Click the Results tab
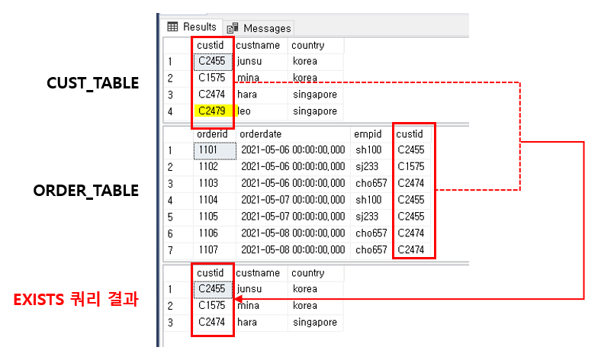click(x=192, y=27)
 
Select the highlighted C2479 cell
click(x=211, y=111)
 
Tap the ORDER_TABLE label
click(x=86, y=190)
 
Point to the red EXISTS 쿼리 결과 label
click(x=76, y=299)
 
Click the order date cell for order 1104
click(x=293, y=200)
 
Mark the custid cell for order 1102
click(x=413, y=166)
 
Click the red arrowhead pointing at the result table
click(x=239, y=299)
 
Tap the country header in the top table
click(x=308, y=45)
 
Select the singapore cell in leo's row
click(x=314, y=111)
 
